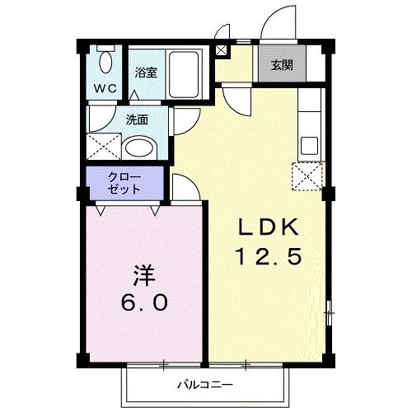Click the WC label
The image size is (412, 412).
click(x=104, y=88)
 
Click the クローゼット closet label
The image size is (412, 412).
click(x=124, y=182)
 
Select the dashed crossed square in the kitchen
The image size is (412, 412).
click(x=307, y=175)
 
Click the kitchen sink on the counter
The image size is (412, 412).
click(x=310, y=145)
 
